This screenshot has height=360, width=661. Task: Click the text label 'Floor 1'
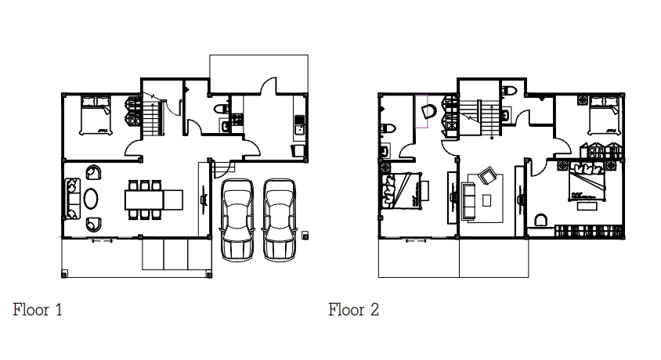pos(38,310)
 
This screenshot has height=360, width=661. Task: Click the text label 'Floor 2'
pos(353,310)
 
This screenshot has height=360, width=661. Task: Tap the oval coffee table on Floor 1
pos(92,196)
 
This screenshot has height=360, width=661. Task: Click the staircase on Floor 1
pos(152,117)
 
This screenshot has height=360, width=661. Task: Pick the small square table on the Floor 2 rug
pos(487,200)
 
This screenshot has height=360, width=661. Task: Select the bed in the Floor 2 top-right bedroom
pos(599,114)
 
